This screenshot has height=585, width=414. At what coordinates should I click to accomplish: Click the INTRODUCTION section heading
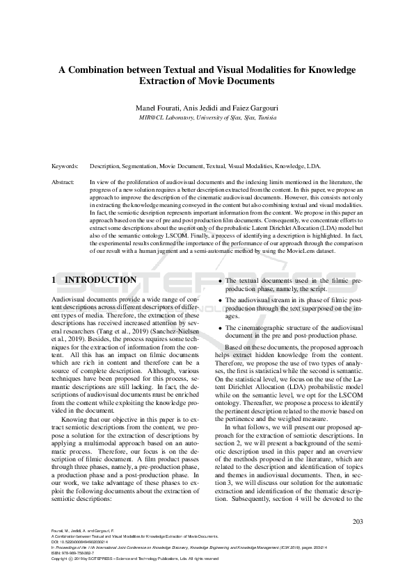101,279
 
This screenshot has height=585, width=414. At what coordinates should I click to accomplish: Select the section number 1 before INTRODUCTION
55,279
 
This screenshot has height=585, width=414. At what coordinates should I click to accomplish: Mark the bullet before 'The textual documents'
220,279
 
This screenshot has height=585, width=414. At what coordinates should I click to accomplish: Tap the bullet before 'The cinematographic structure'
220,327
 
